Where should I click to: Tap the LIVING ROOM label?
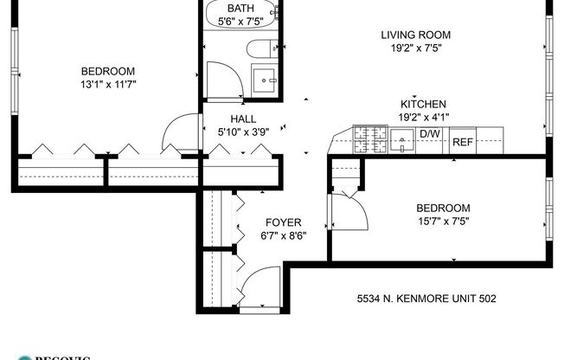coord(416,35)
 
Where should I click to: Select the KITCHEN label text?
coord(423,103)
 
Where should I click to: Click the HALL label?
coord(242,119)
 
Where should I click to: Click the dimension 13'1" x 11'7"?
coord(108,84)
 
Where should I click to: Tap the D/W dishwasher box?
coord(430,134)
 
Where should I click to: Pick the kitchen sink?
coord(401,138)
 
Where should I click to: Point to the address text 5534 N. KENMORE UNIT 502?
coord(426,299)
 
